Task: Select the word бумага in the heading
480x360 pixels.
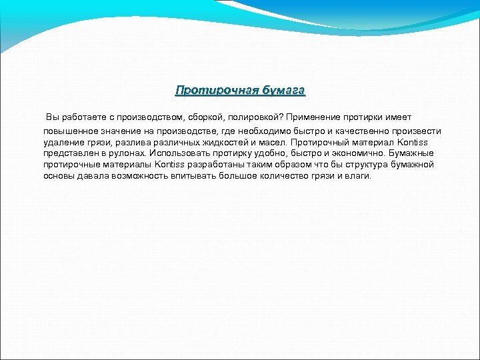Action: click(x=283, y=89)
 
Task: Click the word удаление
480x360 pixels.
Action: click(x=64, y=142)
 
